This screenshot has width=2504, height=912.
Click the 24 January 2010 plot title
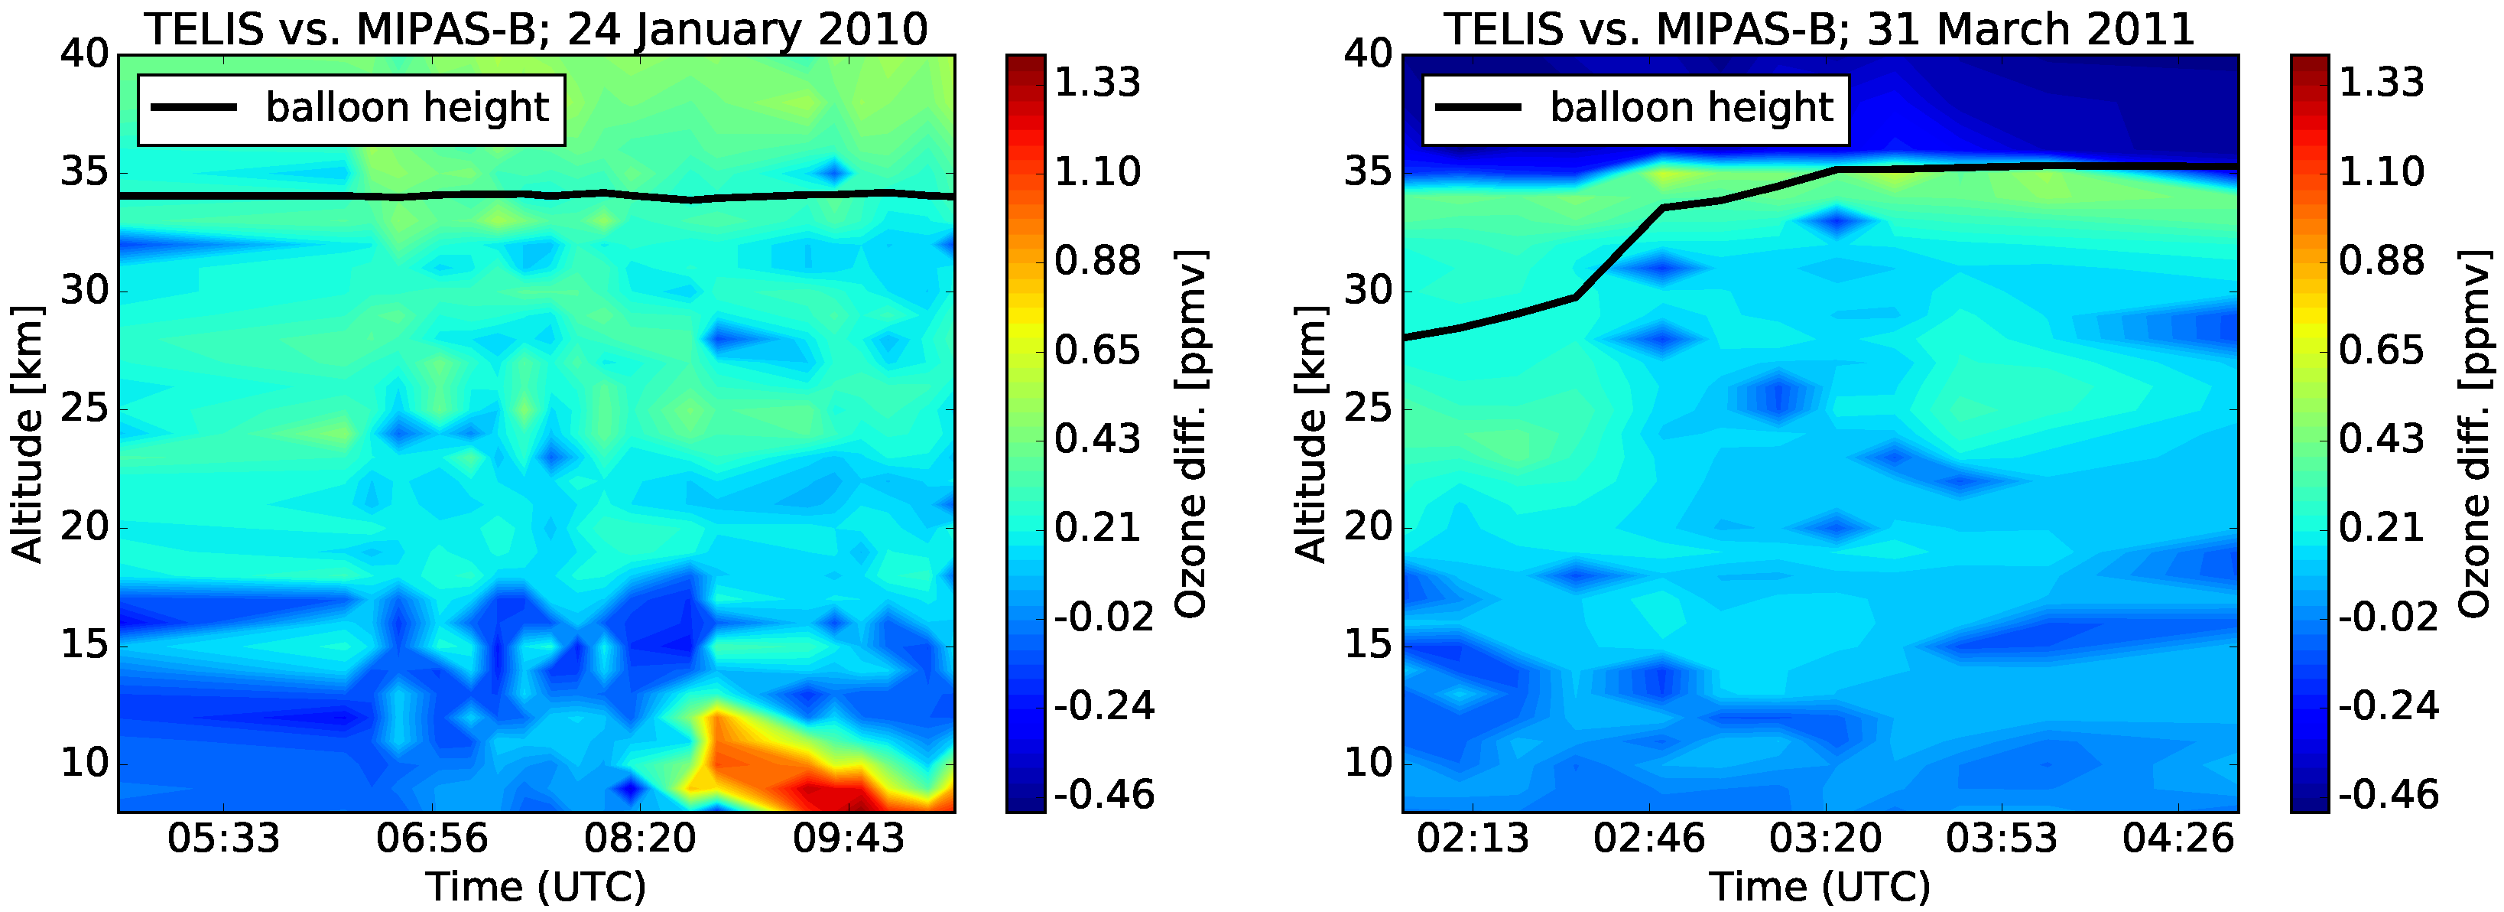[536, 29]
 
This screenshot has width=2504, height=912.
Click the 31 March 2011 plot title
[1819, 29]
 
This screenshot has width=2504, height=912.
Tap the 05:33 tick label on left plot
[223, 838]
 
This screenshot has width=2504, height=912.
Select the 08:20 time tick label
[641, 838]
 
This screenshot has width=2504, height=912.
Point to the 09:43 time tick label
[849, 838]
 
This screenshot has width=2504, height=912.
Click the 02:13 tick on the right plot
[1473, 838]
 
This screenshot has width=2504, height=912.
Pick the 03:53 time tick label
[2002, 838]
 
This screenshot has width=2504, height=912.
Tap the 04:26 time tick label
[2178, 838]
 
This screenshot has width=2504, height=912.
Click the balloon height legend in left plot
[351, 109]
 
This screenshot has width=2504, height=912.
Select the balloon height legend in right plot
[1635, 109]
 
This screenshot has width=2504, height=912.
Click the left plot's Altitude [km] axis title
[28, 434]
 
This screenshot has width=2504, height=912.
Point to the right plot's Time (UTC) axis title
[1820, 887]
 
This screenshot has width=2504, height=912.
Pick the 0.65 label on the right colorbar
[2382, 350]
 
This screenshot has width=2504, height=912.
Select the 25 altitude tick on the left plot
[85, 409]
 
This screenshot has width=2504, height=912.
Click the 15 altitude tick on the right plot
[1369, 646]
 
